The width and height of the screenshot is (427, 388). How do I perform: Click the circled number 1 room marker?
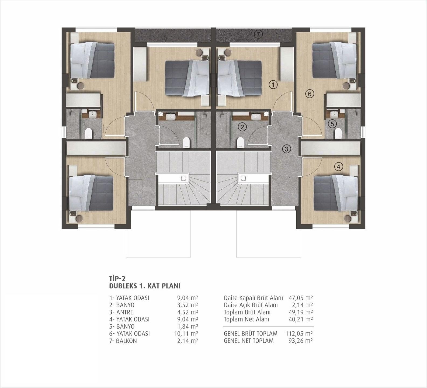point(273,85)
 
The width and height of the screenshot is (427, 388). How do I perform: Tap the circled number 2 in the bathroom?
point(242,127)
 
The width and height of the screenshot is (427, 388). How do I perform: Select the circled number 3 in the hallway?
point(286,149)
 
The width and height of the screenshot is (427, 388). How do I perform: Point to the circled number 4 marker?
point(339,167)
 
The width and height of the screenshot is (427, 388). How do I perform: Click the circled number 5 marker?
point(332,124)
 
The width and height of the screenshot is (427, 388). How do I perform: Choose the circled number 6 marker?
point(310,94)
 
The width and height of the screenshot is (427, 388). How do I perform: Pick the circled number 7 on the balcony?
point(258,34)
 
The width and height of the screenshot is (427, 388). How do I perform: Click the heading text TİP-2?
point(117,279)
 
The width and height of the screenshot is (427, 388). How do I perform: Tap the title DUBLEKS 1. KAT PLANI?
point(145,286)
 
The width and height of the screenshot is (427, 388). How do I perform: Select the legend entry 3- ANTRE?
point(121,312)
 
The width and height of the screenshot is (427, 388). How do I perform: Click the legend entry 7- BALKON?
point(123,341)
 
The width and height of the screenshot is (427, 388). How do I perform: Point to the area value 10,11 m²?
point(186,334)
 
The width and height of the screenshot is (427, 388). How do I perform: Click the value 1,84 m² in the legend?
point(188,327)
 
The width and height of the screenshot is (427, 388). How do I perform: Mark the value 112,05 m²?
point(299,334)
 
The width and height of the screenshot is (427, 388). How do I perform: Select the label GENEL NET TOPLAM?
point(248,341)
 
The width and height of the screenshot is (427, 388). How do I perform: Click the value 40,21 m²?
point(301,320)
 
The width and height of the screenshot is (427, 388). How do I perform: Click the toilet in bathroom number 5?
point(338,133)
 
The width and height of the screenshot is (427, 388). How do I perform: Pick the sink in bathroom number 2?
point(255,116)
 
